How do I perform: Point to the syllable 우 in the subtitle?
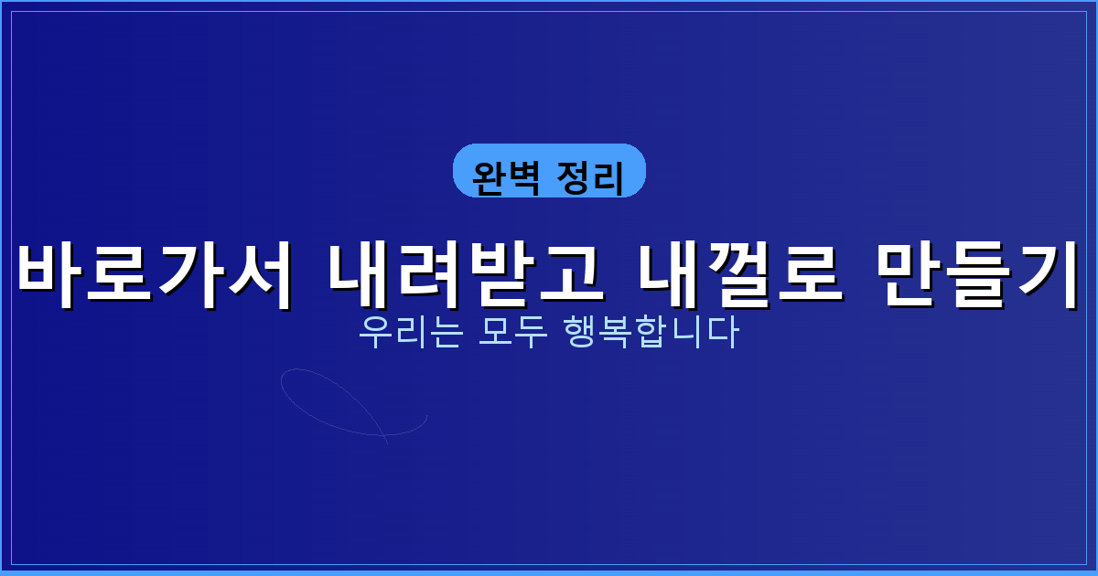point(373,333)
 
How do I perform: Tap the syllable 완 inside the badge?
point(489,177)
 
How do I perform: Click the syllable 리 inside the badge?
point(608,177)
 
